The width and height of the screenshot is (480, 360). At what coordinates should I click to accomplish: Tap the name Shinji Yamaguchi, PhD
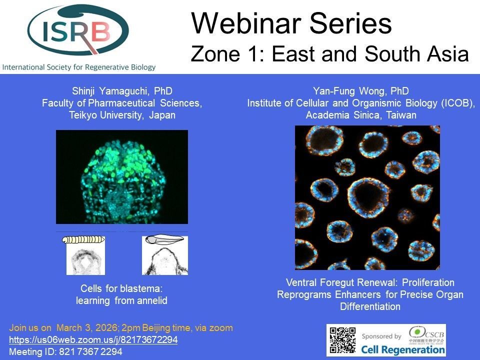click(x=122, y=91)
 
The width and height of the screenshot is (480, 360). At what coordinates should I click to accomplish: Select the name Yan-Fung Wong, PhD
click(x=360, y=91)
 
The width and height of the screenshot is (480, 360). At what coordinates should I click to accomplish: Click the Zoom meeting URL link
click(x=93, y=340)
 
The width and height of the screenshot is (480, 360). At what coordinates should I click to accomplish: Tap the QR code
click(x=343, y=340)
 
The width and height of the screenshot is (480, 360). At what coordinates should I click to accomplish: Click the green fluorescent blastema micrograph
click(x=122, y=177)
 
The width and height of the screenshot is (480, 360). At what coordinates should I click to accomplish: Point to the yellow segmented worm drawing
click(x=83, y=239)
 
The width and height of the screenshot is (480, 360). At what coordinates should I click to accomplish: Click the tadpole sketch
click(x=164, y=239)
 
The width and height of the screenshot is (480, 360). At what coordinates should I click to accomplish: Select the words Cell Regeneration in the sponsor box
click(x=403, y=349)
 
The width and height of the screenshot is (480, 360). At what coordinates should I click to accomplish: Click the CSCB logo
click(x=426, y=334)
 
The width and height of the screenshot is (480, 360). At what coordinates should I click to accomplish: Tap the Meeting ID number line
click(x=65, y=351)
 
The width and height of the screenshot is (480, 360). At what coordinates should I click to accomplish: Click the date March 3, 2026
click(x=87, y=328)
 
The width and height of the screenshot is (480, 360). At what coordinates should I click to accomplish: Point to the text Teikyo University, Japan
click(x=122, y=115)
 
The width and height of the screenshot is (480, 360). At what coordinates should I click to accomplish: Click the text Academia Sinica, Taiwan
click(x=361, y=115)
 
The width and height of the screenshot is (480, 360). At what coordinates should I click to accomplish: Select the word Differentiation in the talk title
click(x=370, y=306)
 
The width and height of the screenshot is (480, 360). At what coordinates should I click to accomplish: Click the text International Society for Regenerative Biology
click(x=79, y=67)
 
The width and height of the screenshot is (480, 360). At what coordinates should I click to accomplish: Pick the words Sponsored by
click(x=381, y=336)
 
